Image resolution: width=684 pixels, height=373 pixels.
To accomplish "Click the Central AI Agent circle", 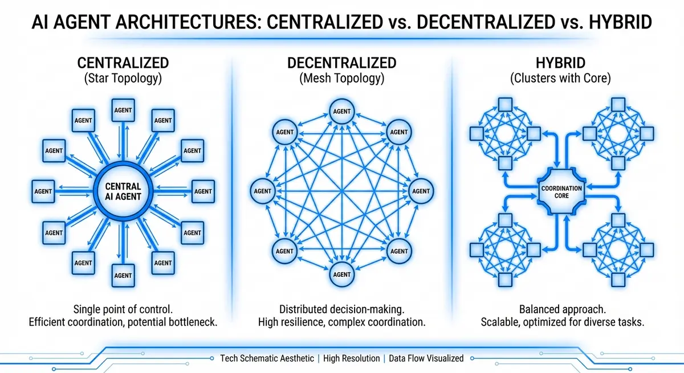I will point(123,191).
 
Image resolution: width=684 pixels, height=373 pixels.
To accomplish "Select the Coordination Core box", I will point(561,191).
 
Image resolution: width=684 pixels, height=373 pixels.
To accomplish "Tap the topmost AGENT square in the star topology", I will point(123,110).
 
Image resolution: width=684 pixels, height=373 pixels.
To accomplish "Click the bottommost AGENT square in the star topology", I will point(123,275).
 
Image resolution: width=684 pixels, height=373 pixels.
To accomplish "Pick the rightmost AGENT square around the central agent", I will point(203,191).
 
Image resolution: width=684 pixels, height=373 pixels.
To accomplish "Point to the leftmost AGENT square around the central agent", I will point(43,191).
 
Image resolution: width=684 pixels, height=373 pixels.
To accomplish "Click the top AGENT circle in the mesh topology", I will point(341,111).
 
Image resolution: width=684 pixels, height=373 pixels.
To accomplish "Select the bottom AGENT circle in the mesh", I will point(341,274).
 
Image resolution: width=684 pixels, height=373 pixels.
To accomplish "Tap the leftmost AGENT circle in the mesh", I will point(263,191).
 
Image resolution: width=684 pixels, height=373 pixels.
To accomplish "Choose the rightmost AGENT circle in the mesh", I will point(421,191).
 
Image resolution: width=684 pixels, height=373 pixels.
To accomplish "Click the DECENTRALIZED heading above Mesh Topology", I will point(341,63).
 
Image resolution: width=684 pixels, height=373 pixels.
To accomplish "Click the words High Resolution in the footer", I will point(351,358).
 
